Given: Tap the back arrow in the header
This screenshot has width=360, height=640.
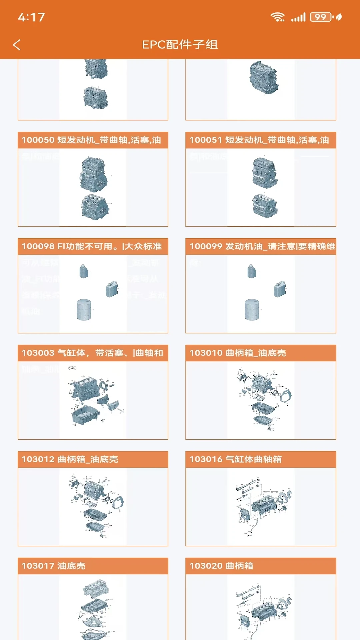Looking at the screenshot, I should click(17, 45).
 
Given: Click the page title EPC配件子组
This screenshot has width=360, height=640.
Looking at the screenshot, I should click(180, 45).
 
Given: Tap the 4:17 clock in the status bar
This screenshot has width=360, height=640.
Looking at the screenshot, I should click(31, 17).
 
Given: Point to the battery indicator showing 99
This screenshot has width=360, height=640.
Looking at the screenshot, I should click(321, 17).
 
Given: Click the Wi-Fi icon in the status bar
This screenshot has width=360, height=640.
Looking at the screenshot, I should click(277, 17).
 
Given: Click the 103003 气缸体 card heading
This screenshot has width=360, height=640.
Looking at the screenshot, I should click(93, 353).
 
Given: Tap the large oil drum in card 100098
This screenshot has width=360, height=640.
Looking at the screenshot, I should click(84, 310).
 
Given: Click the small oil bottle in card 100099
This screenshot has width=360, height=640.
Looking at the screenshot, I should click(252, 271).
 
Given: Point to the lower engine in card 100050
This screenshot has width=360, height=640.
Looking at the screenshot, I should click(94, 207).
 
